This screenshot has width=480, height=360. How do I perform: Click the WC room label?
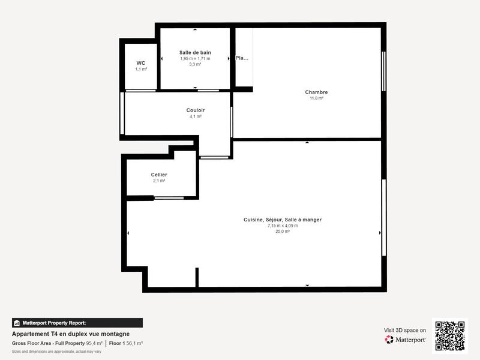(141, 63)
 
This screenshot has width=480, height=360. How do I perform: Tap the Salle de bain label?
(195, 53)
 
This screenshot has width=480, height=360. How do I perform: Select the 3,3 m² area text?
(195, 64)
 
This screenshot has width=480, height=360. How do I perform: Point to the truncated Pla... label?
(242, 58)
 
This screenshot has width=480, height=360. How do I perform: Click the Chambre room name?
(316, 92)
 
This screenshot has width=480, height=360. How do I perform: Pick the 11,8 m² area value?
(316, 98)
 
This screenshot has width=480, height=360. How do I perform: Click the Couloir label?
(195, 110)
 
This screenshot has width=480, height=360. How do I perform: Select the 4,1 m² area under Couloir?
(195, 116)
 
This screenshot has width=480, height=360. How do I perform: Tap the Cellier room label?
(159, 175)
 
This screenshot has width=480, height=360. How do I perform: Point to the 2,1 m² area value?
(159, 181)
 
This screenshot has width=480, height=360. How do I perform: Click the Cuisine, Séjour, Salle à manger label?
(283, 220)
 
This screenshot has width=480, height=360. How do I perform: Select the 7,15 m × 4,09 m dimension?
(283, 226)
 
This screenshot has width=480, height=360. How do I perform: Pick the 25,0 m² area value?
(283, 231)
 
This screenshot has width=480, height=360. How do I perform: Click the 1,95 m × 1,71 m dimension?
(195, 59)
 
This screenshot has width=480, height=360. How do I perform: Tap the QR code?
(449, 335)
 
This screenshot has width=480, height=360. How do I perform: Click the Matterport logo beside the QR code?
(406, 340)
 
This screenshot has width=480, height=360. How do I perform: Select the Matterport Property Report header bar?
(77, 323)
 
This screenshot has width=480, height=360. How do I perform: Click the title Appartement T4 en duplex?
(71, 334)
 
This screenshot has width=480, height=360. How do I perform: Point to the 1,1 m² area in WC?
(141, 69)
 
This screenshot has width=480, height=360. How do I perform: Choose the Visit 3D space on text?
(405, 330)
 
